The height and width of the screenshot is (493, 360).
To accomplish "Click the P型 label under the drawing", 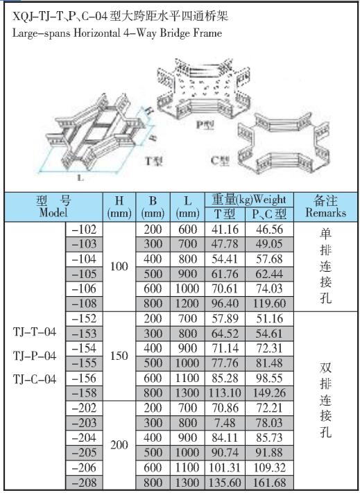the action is point(205,125).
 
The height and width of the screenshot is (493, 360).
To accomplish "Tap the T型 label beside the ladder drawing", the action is point(154,161).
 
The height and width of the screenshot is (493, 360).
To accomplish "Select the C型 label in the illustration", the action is point(220,161).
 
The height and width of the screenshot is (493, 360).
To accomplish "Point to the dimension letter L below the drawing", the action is point(80,178).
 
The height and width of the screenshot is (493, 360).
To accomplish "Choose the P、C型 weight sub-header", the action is point(269,214).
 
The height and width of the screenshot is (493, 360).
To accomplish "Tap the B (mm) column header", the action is point(153,207).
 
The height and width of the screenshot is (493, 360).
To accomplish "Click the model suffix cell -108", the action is point(84,304).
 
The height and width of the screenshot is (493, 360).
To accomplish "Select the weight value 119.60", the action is point(269,304).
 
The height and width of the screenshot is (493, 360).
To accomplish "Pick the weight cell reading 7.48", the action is point(225,422).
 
